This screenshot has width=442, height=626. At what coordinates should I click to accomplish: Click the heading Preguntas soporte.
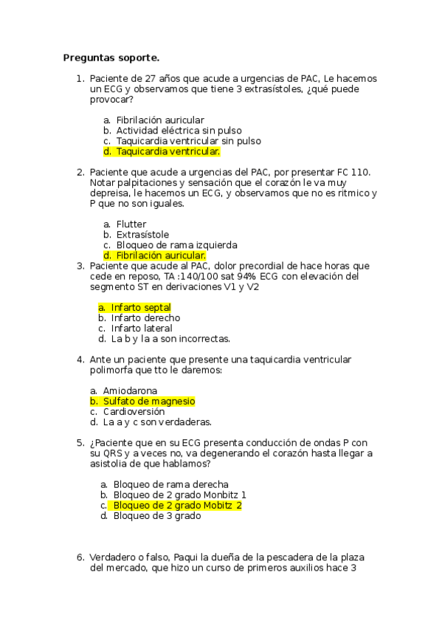pyautogui.click(x=111, y=57)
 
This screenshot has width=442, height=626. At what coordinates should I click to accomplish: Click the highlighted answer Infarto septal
pyautogui.click(x=141, y=307)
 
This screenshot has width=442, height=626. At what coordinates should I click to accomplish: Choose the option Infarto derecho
pyautogui.click(x=145, y=318)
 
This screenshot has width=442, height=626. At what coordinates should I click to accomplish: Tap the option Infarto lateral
pyautogui.click(x=142, y=329)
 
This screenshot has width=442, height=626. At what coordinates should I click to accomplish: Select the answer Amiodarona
pyautogui.click(x=130, y=391)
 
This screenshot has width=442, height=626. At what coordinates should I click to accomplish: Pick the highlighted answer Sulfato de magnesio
pyautogui.click(x=148, y=401)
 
